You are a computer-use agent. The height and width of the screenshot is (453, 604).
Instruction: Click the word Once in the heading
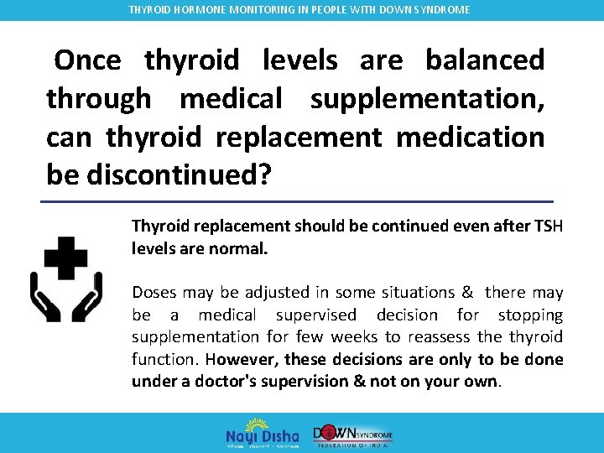87,60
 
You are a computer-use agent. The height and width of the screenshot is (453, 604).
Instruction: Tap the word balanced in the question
485,60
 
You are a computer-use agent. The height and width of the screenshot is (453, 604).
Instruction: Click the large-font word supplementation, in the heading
428,98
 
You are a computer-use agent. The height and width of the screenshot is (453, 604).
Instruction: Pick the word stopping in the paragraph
530,315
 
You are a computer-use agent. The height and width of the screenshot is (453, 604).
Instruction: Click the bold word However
242,360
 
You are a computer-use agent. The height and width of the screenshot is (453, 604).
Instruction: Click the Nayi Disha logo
262,432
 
